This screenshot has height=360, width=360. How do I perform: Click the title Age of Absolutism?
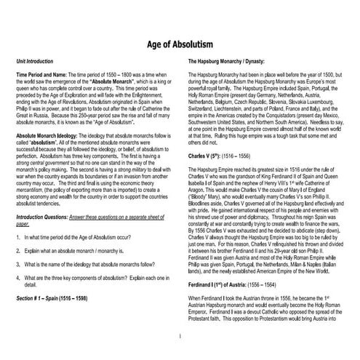tap(180, 45)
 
